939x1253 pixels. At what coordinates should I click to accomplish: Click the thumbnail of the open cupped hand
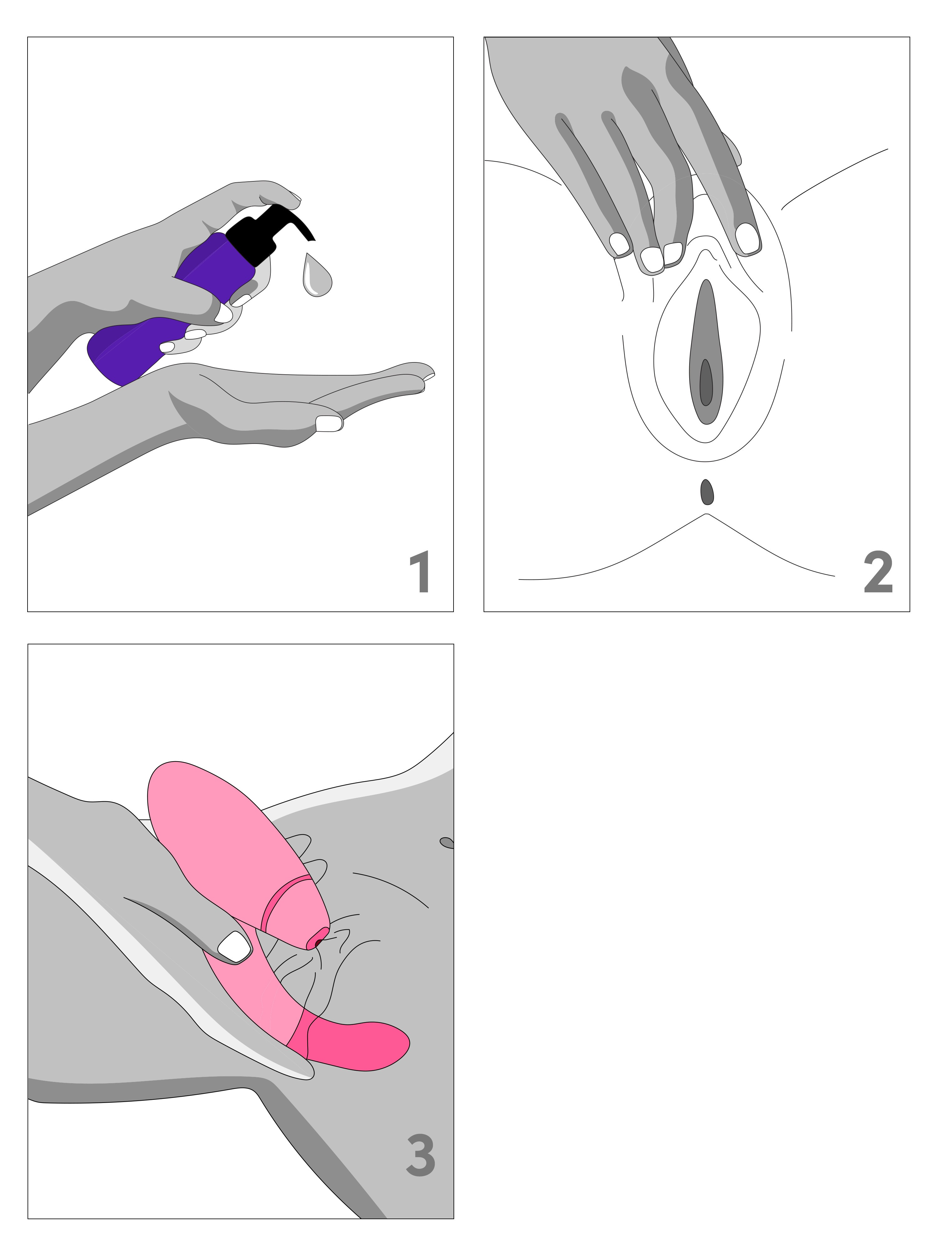(329, 423)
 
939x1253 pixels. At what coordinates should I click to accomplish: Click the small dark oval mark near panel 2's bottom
(707, 492)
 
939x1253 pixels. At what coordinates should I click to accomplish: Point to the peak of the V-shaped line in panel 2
(705, 514)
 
